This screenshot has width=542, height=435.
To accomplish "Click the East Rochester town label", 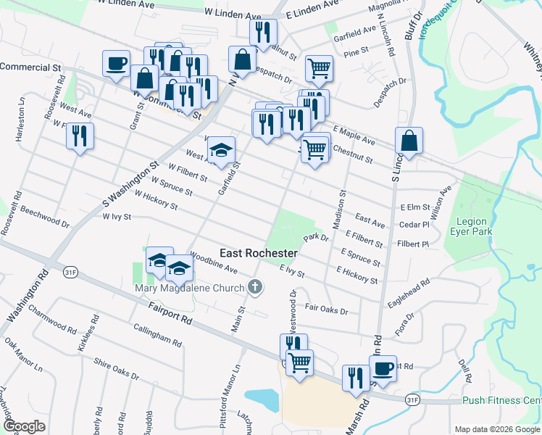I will coord(259,253).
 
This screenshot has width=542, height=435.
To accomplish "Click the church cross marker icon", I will coord(254,287).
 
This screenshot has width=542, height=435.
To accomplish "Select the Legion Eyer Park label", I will coord(475,226).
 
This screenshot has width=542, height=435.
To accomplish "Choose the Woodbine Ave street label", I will coord(214,262).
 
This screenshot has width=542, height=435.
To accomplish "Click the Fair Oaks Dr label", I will coord(327,310).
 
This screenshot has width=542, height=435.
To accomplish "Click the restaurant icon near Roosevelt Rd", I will coord(80,136).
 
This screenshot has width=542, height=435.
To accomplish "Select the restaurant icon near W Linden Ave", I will coord(262,31).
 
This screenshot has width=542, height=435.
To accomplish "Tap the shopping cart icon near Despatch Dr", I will coord(319,68).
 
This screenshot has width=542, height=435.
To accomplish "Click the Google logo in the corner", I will coord(24,426).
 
